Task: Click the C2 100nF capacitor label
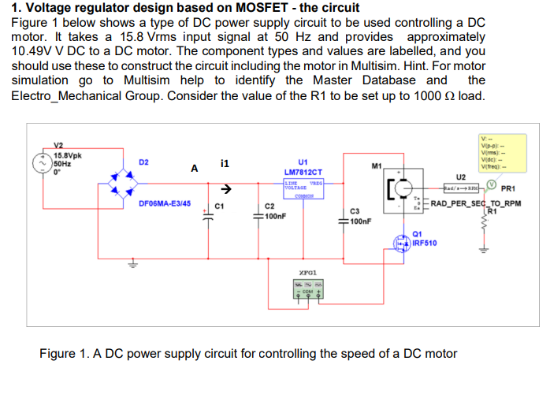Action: pyautogui.click(x=269, y=212)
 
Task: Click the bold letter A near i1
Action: pyautogui.click(x=193, y=168)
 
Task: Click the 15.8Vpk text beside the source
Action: pyautogui.click(x=69, y=155)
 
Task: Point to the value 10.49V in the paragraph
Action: pyautogui.click(x=35, y=50)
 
